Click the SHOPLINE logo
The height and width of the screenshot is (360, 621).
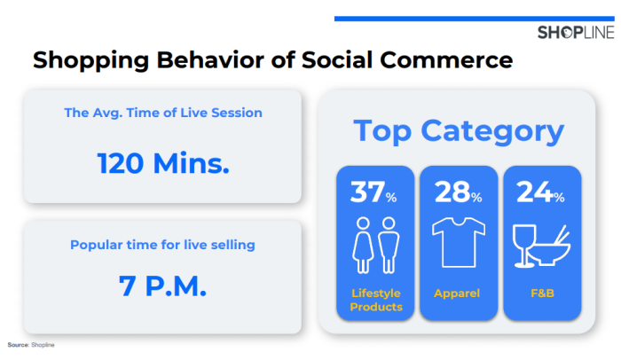tap(576, 33)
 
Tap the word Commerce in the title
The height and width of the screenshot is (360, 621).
tap(446, 60)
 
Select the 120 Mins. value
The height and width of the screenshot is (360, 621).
tap(163, 163)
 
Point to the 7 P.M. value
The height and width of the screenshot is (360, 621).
tap(162, 286)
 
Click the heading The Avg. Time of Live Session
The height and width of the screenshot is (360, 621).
tap(163, 113)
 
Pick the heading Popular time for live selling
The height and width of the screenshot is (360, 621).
tap(162, 245)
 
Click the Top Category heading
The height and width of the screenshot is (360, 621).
tap(459, 131)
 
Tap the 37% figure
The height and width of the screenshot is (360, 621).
tap(373, 192)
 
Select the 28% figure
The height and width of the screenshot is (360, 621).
tap(459, 192)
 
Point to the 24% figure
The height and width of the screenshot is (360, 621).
tap(540, 192)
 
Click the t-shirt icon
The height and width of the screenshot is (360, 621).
tap(459, 242)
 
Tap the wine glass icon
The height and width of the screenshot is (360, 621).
tap(524, 246)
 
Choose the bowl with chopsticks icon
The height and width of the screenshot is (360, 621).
tap(550, 247)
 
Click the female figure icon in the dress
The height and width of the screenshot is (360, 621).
tap(363, 245)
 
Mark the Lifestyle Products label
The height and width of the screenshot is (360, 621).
tap(376, 300)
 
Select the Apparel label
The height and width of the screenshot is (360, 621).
tap(457, 293)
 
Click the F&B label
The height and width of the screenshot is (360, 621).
tap(542, 293)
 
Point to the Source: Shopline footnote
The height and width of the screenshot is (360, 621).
tap(31, 345)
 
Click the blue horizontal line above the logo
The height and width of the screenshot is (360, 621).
tap(475, 19)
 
